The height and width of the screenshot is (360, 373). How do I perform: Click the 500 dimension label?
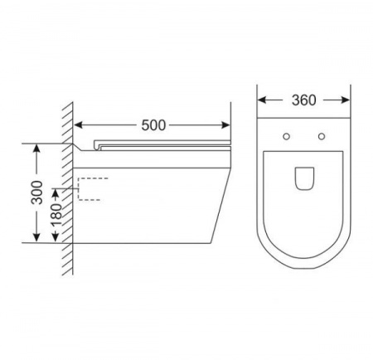153,125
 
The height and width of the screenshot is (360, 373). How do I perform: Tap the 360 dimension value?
304,100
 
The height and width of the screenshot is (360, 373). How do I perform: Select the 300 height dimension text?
37,192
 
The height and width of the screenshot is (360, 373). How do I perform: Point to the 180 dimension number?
56,215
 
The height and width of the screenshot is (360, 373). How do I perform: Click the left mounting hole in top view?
287,136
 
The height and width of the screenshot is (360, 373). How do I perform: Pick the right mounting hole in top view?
322,136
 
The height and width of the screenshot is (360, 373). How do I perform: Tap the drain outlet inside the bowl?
304,178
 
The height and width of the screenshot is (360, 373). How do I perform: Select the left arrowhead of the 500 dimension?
79,125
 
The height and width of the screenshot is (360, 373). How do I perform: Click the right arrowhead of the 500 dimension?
225,125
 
